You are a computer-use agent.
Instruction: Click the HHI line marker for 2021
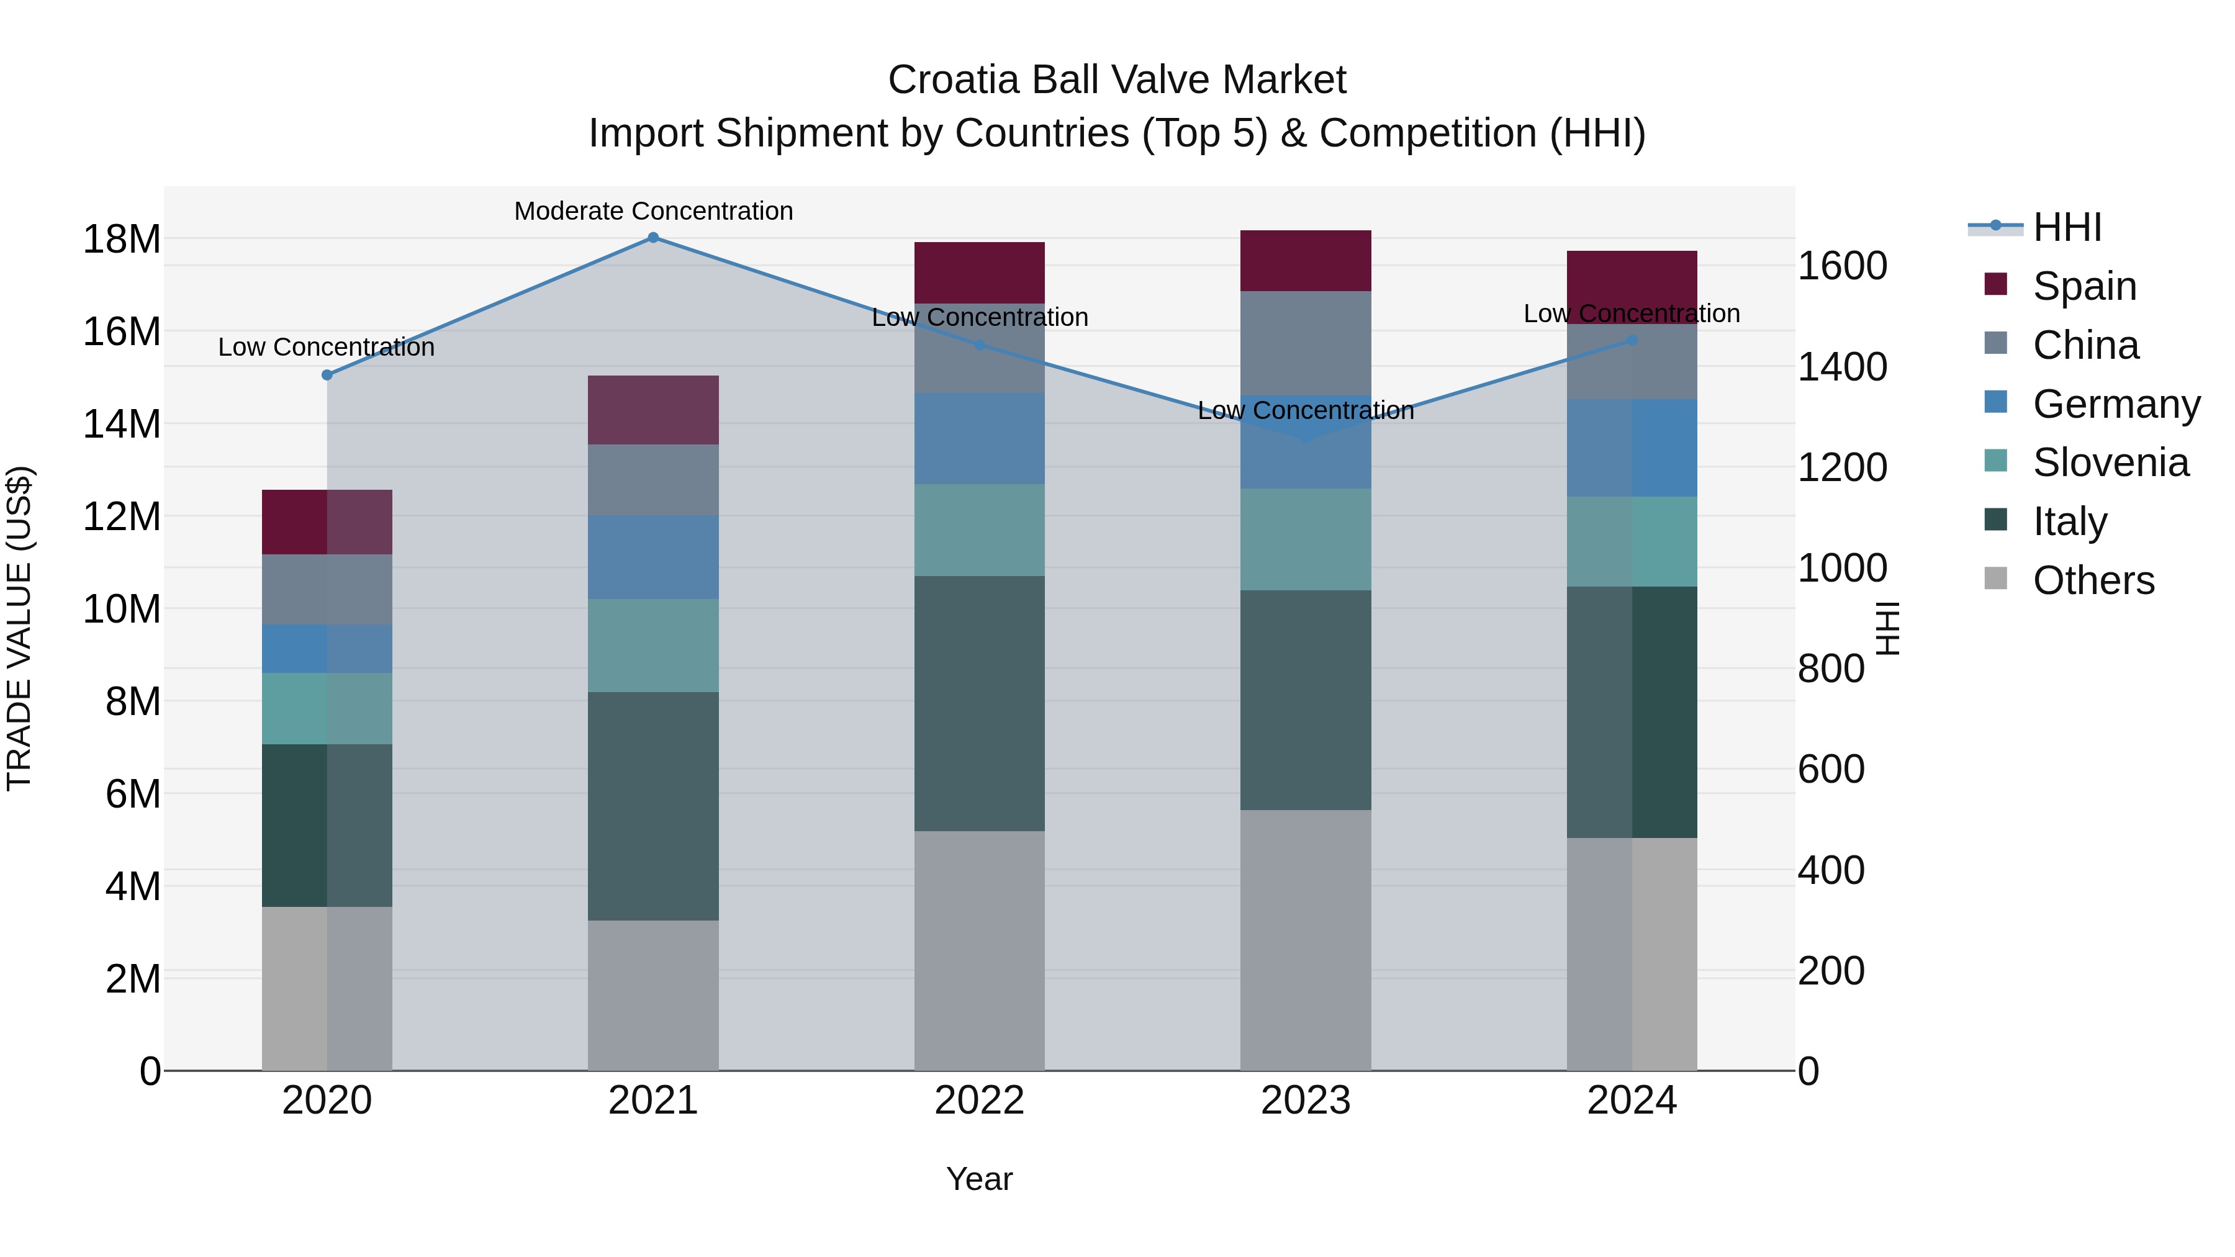tap(653, 238)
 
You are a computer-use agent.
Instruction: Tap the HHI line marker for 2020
tap(327, 375)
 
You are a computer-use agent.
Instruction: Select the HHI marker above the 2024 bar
tap(1632, 340)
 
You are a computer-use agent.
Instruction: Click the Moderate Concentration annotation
tap(653, 211)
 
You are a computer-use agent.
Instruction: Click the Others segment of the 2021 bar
tap(653, 995)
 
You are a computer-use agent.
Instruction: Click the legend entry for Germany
tap(2115, 404)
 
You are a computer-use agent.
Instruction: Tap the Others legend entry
tap(2093, 580)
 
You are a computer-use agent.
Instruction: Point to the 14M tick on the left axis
tap(122, 424)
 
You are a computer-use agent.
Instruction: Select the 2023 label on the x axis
tap(1305, 1101)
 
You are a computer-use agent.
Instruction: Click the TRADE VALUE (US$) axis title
tap(19, 628)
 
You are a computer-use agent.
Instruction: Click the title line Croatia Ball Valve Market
tap(1117, 80)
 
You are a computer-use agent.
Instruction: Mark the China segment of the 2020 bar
tap(327, 589)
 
